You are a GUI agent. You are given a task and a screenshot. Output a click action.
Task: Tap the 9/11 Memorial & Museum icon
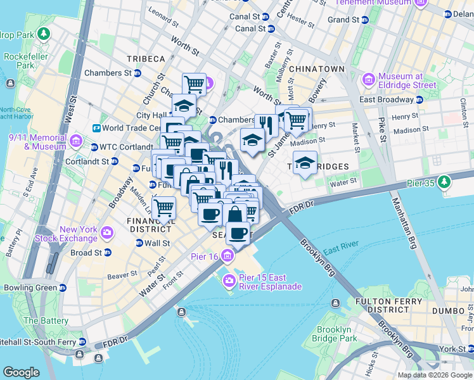point(76,141)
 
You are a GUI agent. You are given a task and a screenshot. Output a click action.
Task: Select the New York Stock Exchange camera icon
point(106,233)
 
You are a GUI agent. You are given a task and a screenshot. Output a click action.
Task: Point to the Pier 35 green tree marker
point(445,182)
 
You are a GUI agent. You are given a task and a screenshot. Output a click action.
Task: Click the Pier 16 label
point(204,256)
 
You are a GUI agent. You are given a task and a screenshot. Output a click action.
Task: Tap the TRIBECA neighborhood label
point(145,59)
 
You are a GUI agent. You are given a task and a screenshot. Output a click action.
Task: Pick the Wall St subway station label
point(157,243)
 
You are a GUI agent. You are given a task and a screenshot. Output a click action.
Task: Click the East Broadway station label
point(386,99)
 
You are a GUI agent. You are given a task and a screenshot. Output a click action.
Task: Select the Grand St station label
point(343,20)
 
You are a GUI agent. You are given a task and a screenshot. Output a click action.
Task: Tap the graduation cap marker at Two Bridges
point(305,163)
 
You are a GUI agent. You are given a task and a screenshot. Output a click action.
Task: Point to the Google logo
point(21,372)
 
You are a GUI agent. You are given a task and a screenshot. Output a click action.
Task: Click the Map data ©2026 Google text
point(435,375)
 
